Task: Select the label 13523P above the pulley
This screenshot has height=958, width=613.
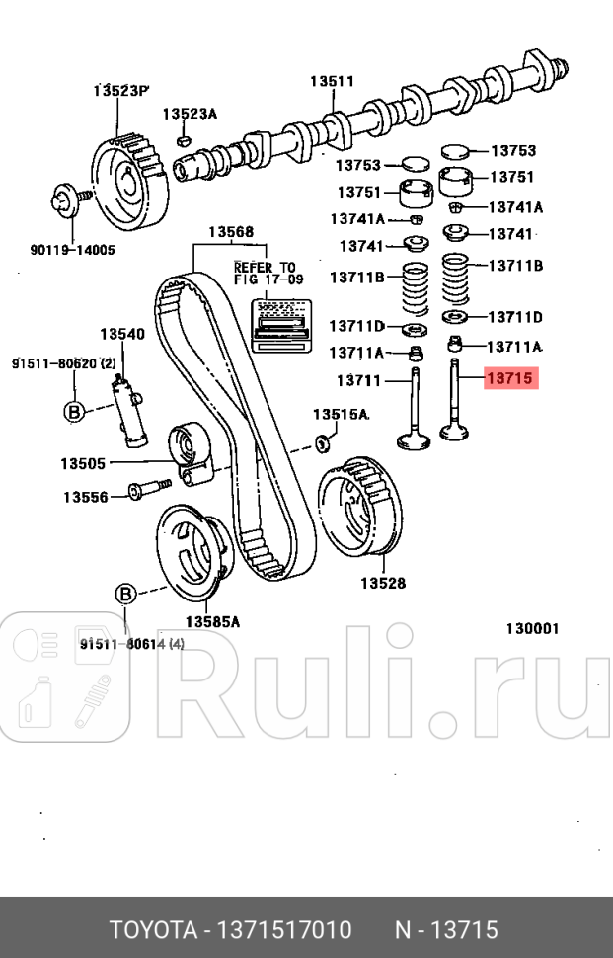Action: (x=120, y=91)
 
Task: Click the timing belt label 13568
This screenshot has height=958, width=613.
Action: (x=230, y=233)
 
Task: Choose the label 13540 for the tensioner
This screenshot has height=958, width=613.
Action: (x=122, y=334)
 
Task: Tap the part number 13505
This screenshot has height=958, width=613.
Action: (x=82, y=462)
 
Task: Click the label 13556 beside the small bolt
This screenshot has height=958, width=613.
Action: (x=86, y=497)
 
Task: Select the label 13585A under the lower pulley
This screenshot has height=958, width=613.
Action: (x=212, y=621)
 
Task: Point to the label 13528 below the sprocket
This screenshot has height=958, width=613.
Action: (x=382, y=583)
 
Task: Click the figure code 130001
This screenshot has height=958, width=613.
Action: (x=533, y=628)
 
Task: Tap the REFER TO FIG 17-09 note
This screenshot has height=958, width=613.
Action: (x=264, y=274)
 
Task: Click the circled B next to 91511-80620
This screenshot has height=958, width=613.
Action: (x=72, y=413)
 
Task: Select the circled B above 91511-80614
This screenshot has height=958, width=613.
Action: (x=125, y=594)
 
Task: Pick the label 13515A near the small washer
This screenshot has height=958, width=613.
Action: (x=341, y=414)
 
